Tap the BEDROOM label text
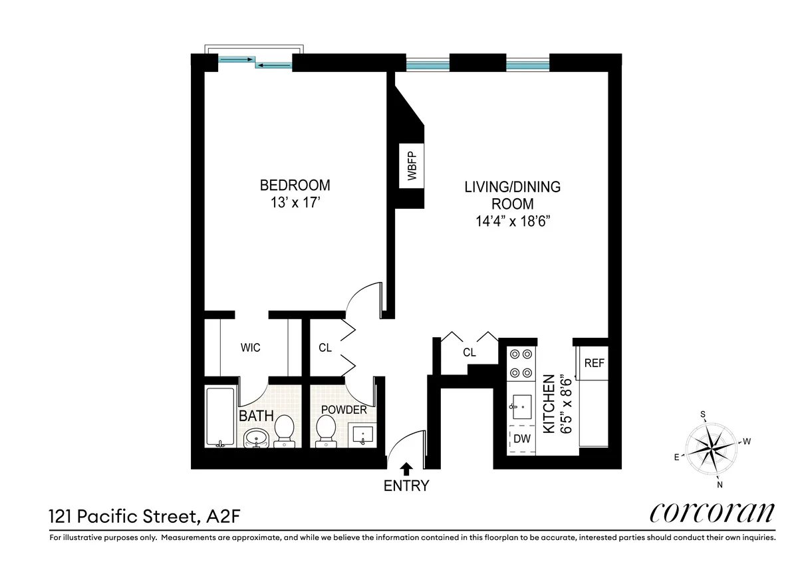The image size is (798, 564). tap(295, 185)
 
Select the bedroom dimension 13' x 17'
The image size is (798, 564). tap(295, 202)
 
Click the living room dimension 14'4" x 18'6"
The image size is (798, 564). tap(512, 221)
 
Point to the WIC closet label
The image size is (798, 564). tap(251, 348)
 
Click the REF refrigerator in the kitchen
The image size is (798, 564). tap(594, 363)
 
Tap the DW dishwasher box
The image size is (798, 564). tap(522, 439)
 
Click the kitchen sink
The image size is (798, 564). tap(521, 404)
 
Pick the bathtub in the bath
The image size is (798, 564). tap(219, 417)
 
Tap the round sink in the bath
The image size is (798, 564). tap(256, 437)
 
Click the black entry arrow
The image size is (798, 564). tap(406, 470)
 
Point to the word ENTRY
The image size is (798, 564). tap(406, 486)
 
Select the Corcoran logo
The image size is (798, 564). tap(711, 513)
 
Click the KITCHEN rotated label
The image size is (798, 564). tap(549, 404)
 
